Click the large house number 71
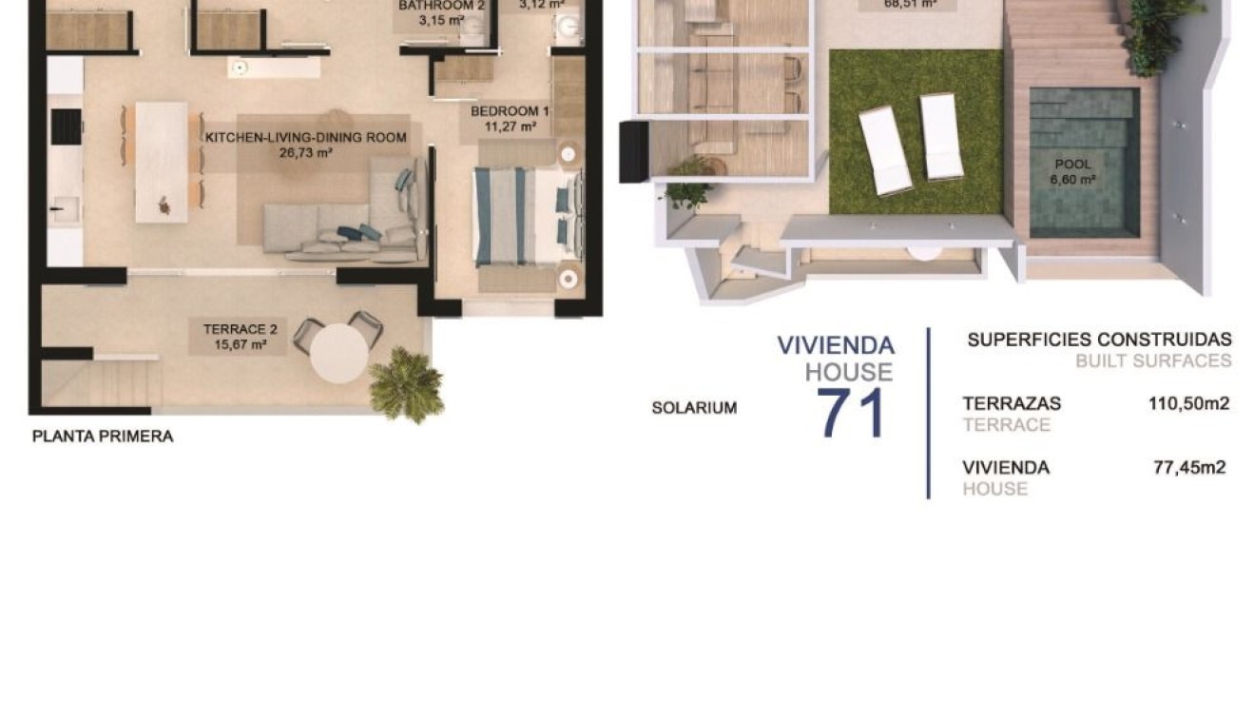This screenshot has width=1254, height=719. (852, 413)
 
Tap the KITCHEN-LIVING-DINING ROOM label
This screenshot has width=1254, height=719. (306, 138)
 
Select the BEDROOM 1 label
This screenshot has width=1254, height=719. (510, 109)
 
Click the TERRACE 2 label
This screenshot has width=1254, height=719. (240, 330)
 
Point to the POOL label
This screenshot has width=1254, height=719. (1072, 165)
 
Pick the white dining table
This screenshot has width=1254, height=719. (161, 162)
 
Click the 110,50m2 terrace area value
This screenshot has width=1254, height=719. (1188, 403)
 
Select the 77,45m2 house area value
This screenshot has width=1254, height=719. (1188, 467)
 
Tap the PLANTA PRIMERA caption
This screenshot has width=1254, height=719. (103, 437)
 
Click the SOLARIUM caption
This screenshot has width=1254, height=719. (694, 408)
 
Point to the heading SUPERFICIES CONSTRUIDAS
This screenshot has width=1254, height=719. (1099, 340)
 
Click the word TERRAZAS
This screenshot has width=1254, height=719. (1012, 403)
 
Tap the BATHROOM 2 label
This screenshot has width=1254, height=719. (442, 5)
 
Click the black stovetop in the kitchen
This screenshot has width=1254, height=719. (67, 126)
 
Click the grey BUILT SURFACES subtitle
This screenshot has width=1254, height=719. (1152, 361)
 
